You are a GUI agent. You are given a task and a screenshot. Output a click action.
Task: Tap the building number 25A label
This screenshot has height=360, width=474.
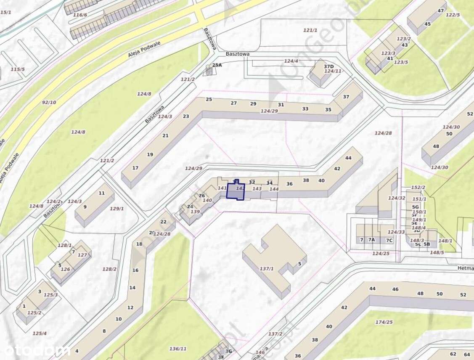pyautogui.click(x=217, y=65)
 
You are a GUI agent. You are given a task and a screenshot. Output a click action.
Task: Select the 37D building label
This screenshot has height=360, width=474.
pyautogui.click(x=328, y=66)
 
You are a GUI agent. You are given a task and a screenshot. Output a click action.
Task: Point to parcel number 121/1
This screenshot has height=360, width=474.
pyautogui.click(x=310, y=30)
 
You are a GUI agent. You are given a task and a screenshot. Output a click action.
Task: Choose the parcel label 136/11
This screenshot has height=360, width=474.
pyautogui.click(x=178, y=349)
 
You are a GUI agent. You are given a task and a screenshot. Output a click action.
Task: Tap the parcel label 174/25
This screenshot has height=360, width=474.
pyautogui.click(x=384, y=322)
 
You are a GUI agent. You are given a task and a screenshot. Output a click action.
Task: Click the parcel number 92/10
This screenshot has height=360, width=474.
pyautogui.click(x=49, y=102)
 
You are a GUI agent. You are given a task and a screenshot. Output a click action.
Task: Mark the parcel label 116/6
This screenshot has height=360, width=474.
pyautogui.click(x=80, y=15)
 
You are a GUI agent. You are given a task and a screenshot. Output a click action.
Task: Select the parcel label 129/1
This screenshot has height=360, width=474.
pyautogui.click(x=117, y=209)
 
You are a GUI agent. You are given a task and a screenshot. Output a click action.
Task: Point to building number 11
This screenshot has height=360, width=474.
pyautogui.click(x=101, y=193)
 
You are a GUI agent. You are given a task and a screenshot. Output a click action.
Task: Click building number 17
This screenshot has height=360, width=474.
pyautogui.click(x=135, y=168)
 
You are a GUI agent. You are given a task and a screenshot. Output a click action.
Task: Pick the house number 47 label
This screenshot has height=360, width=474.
pyautogui.click(x=441, y=11)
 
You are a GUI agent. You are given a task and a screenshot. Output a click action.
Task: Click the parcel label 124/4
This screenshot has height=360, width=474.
pyautogui.click(x=291, y=61)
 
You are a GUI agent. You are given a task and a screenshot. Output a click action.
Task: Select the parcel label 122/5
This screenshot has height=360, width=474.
pyautogui.click(x=453, y=15)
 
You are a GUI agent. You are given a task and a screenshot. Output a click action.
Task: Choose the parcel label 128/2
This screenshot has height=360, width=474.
pyautogui.click(x=109, y=269)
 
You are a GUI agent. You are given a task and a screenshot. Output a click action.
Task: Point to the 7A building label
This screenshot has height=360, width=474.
pyautogui.click(x=371, y=240)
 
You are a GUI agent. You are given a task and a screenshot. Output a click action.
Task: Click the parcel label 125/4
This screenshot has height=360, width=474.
pyautogui.click(x=40, y=334)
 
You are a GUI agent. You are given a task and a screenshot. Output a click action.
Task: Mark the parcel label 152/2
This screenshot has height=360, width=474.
pyautogui.click(x=418, y=188)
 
